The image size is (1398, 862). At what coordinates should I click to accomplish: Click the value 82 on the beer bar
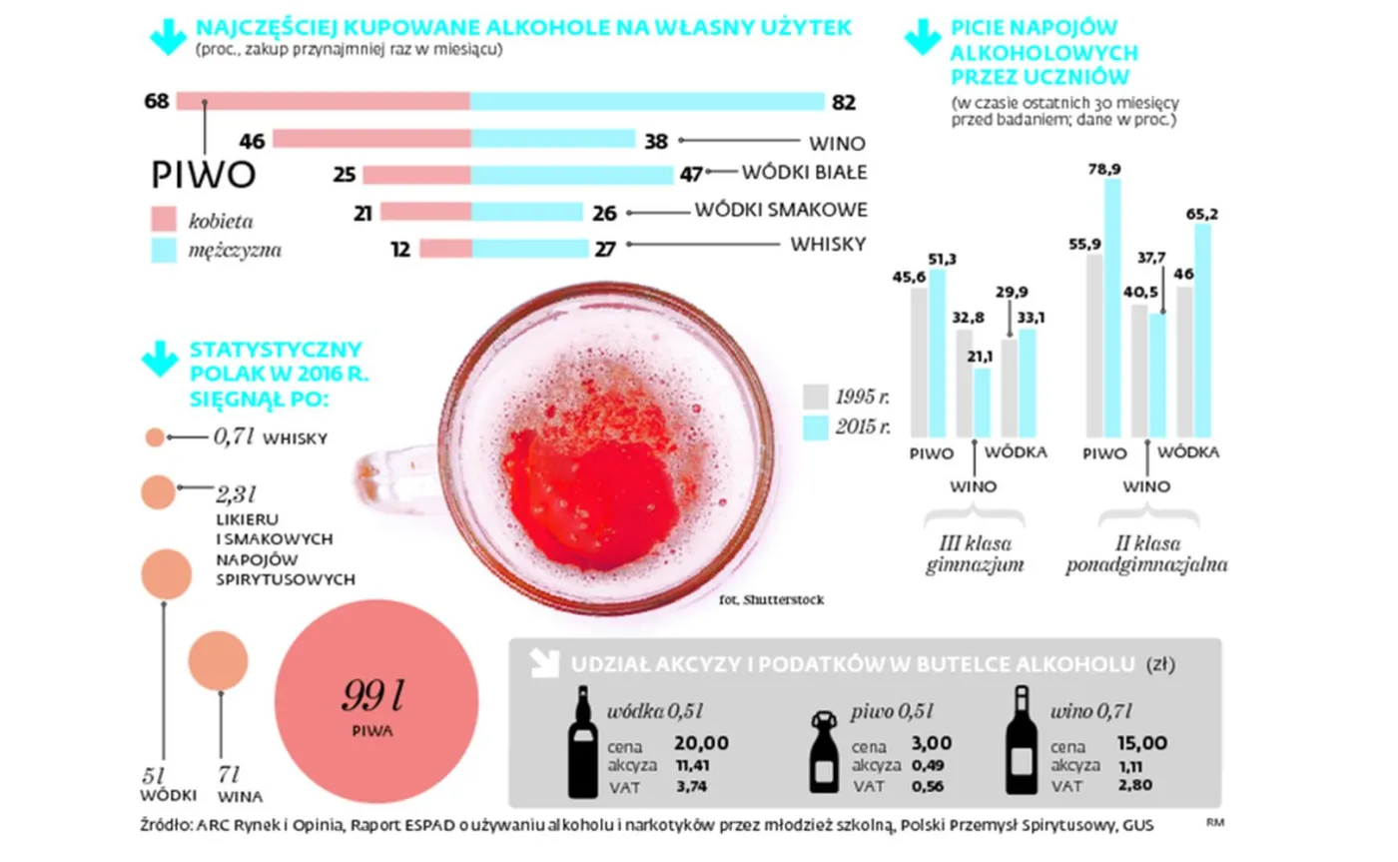(844, 102)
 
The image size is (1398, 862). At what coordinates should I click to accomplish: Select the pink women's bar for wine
(370, 139)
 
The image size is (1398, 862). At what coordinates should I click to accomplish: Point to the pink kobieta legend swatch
(164, 218)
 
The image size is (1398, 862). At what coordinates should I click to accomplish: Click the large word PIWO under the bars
(204, 175)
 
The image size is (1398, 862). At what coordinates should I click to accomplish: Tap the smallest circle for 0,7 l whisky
(154, 437)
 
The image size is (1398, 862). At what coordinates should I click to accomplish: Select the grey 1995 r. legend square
(816, 397)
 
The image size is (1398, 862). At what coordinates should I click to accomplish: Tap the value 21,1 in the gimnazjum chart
(975, 357)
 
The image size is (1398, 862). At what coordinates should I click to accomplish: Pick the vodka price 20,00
(701, 743)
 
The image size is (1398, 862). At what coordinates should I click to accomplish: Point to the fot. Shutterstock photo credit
(771, 600)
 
